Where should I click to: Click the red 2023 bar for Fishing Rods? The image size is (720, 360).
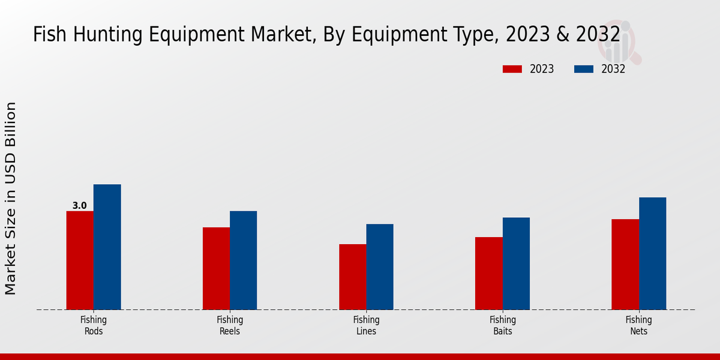80,260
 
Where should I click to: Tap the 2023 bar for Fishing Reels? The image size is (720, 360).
216,268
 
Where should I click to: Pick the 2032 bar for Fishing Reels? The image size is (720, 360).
243,260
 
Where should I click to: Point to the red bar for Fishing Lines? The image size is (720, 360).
352,277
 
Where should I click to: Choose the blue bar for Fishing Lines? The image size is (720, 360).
380,267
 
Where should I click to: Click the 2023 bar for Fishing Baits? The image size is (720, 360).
488,273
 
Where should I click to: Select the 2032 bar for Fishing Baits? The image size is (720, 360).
516,263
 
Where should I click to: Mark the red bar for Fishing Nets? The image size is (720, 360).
625,265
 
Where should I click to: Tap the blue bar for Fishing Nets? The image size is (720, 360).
652,253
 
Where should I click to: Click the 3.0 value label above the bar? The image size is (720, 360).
79,206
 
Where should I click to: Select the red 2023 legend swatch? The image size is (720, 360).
512,69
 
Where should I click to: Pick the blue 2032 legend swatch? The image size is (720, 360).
584,69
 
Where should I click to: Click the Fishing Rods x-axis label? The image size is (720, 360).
94,325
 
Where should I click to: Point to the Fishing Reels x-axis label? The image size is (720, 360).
230,325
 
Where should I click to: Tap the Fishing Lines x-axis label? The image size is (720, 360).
366,325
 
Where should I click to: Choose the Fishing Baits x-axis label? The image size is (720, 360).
502,325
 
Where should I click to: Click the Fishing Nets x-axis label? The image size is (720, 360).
639,325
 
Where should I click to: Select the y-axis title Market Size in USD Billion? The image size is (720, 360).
11,198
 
